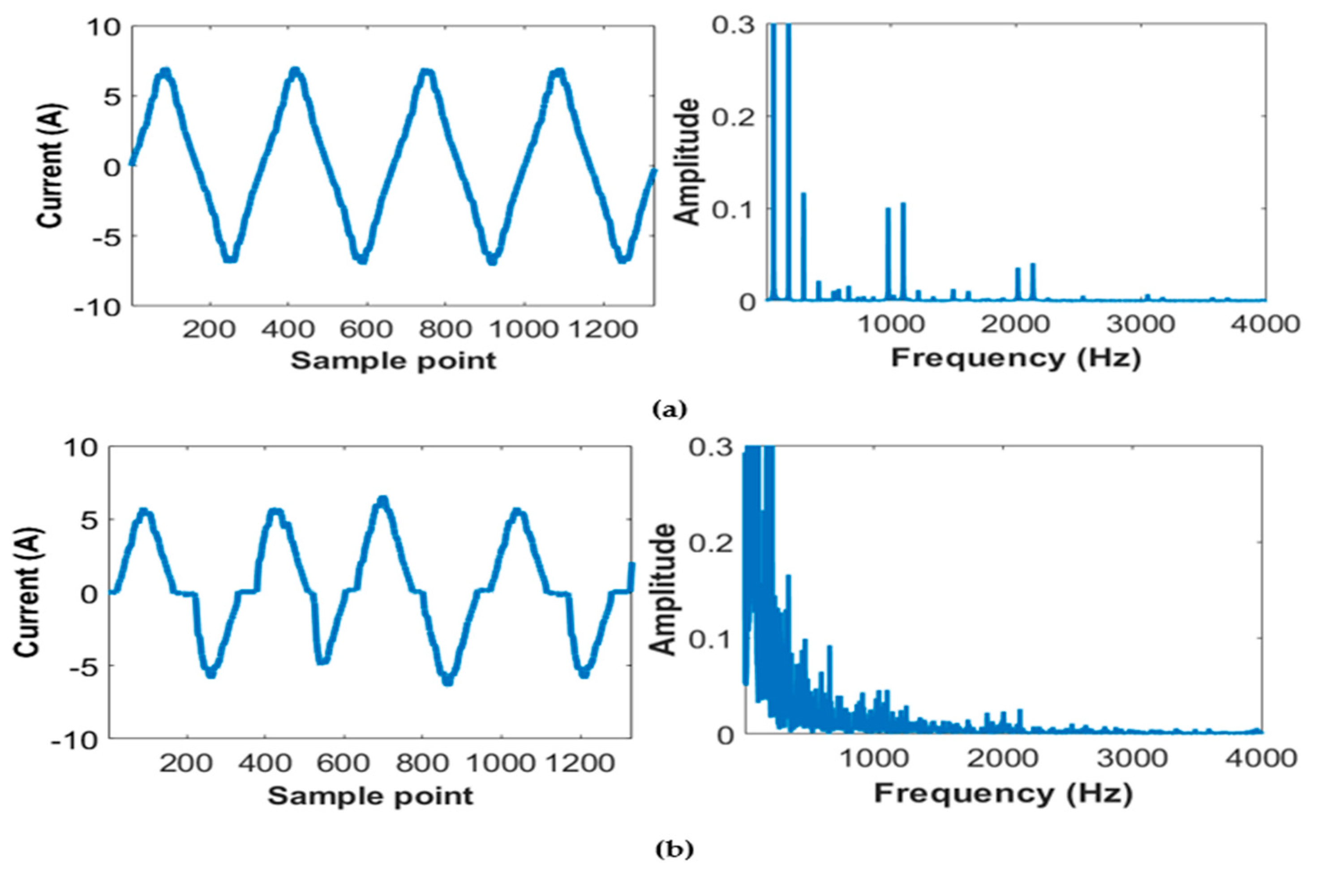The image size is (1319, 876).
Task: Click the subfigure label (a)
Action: coord(670,410)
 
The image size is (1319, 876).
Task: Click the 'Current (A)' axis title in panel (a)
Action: coord(52,166)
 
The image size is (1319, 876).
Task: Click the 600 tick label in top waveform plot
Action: coord(366,329)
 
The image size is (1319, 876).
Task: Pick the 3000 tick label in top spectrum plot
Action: coord(1141,325)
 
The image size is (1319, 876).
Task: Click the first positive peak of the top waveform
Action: coord(164,72)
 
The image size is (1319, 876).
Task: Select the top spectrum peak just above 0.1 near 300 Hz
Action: coord(803,194)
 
